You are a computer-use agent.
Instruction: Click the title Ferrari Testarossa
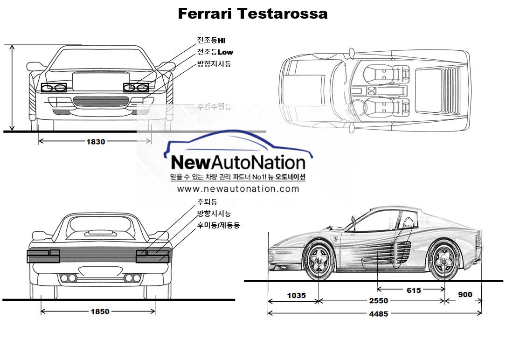click(253, 14)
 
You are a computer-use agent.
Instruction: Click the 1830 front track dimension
click(96, 142)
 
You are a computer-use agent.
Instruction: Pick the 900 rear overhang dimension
click(465, 295)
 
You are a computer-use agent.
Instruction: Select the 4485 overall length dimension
click(378, 314)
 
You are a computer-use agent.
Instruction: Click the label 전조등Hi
click(211, 41)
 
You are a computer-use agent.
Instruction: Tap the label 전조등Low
click(215, 52)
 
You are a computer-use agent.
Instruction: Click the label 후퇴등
click(207, 202)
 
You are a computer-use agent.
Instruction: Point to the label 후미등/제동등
click(218, 225)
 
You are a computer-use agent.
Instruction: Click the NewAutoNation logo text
click(238, 162)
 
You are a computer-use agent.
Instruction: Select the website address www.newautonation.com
click(238, 189)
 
